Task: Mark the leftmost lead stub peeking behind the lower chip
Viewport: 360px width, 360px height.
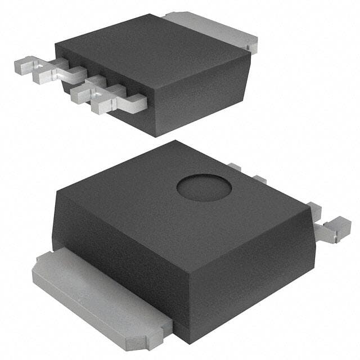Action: pyautogui.click(x=235, y=167)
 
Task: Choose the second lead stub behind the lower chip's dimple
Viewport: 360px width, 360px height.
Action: pyautogui.click(x=259, y=179)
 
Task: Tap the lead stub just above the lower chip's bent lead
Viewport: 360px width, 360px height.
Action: pyautogui.click(x=314, y=211)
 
